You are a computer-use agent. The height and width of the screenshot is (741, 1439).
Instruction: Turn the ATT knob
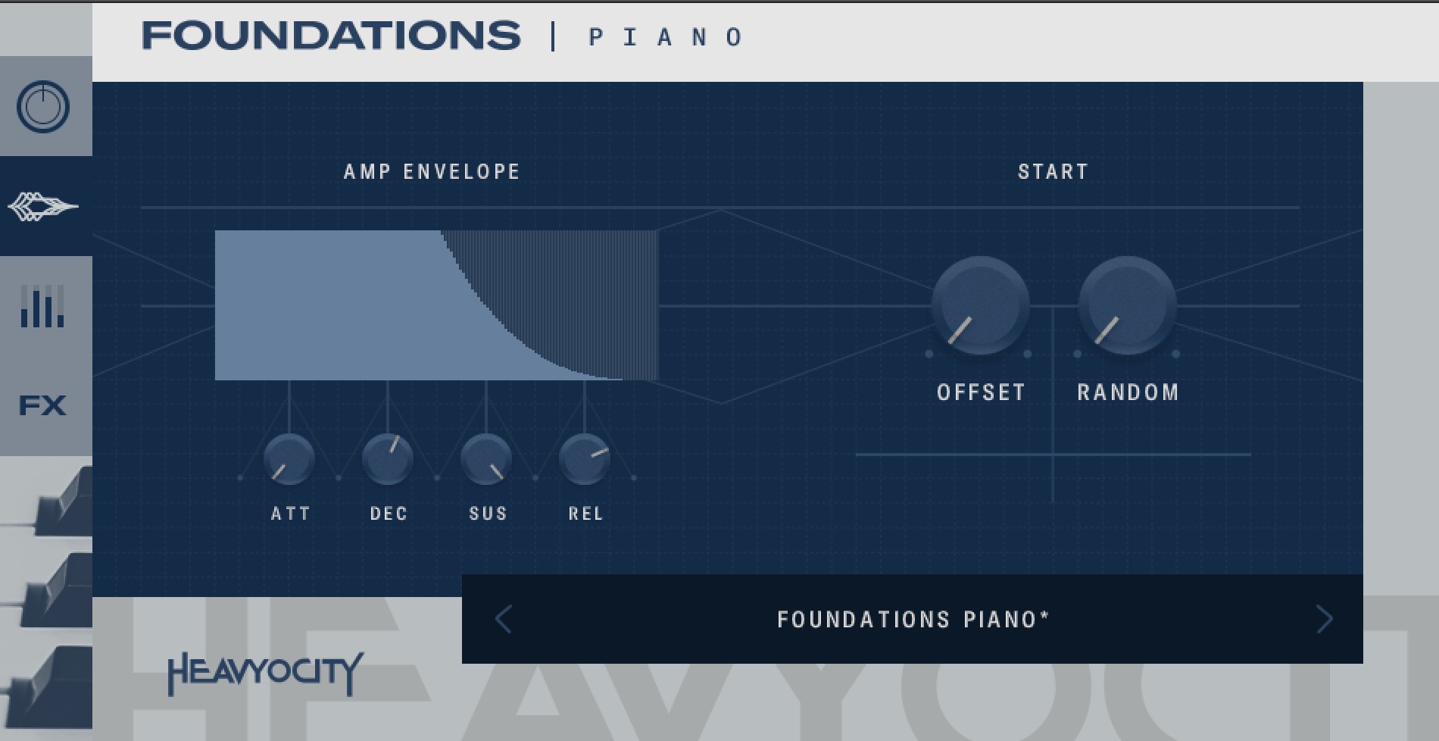pos(289,459)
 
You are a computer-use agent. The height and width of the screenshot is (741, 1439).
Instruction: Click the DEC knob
pos(388,459)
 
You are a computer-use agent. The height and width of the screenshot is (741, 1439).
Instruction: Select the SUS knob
pos(486,459)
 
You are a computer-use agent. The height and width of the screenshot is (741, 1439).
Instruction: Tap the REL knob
pos(585,459)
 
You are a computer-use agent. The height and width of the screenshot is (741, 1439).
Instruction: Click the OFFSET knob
pos(980,305)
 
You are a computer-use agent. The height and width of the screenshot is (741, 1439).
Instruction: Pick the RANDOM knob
pos(1127,305)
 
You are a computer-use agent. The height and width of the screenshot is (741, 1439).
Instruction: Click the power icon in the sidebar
pos(43,106)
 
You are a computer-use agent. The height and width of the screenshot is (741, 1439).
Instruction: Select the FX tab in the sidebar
pos(42,405)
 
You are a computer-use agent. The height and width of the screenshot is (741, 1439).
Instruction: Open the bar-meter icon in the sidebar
pos(42,306)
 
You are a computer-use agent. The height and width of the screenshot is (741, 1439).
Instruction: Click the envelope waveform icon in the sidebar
pos(42,206)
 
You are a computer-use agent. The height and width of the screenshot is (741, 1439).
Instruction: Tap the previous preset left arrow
pos(504,619)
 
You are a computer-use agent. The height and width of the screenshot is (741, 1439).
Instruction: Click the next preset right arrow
pos(1324,619)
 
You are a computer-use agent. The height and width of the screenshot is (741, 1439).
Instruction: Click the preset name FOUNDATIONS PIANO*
pos(913,620)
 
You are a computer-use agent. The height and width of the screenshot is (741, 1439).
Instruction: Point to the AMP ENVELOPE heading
pos(432,172)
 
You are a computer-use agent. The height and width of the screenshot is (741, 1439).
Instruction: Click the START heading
pos(1053,172)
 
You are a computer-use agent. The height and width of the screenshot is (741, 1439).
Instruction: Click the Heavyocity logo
pos(265,674)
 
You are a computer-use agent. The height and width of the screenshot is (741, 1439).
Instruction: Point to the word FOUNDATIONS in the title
pos(331,36)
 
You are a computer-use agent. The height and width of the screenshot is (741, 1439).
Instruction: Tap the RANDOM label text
pos(1128,392)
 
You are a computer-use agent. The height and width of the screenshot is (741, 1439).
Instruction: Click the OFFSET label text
pos(981,392)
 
